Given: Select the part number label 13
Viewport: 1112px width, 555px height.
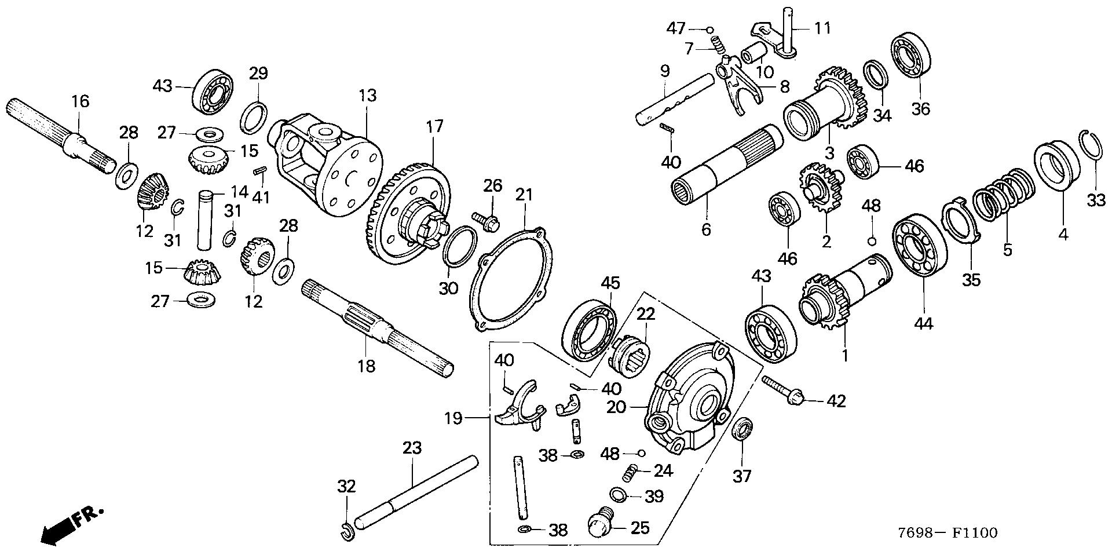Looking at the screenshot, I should [x=367, y=95].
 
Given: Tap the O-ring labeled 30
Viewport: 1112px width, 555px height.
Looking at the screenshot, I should [x=460, y=247].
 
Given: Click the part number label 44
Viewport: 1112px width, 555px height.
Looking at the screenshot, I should [x=923, y=323].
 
